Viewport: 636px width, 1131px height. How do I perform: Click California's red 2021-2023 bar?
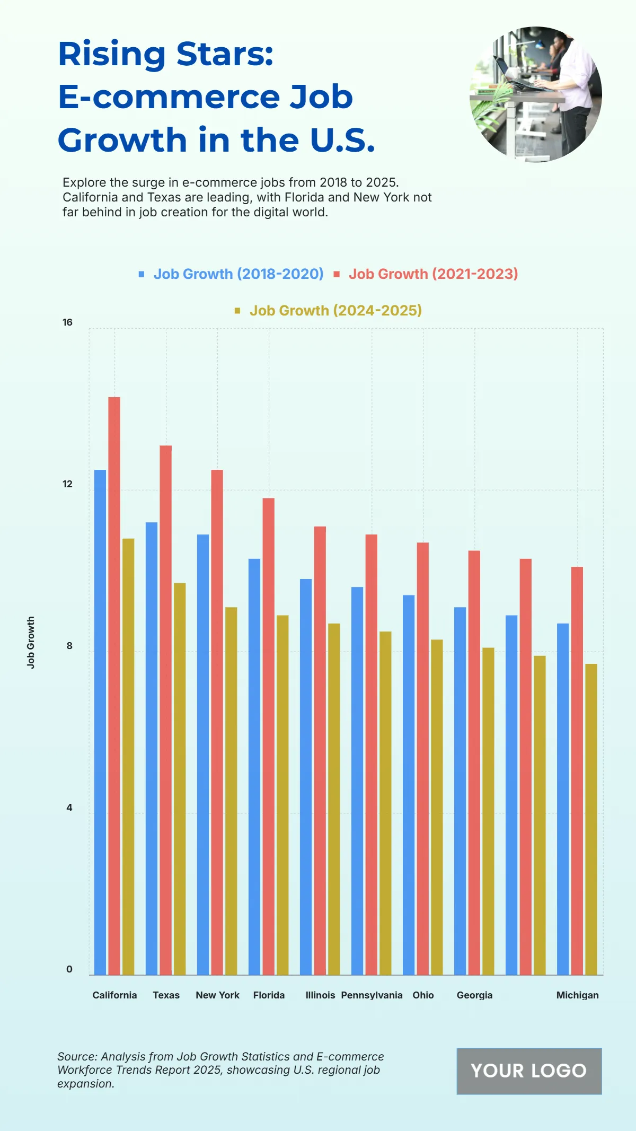114,684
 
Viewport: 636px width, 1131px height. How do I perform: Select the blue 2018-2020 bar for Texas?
152,748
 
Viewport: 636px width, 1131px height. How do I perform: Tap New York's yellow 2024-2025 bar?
231,790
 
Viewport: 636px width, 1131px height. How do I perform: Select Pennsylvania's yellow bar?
385,803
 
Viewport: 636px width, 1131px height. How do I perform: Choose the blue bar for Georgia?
460,790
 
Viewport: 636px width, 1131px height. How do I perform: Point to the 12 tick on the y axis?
67,484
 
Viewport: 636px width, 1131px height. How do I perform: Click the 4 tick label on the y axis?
69,808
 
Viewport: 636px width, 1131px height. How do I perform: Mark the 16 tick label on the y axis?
67,322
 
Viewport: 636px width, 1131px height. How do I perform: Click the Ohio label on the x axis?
423,995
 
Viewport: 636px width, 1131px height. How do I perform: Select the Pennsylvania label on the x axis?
372,995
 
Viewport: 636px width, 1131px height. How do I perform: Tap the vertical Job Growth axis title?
31,642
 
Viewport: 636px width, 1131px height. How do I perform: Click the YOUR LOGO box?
529,1071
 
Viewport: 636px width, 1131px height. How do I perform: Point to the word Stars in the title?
225,54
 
